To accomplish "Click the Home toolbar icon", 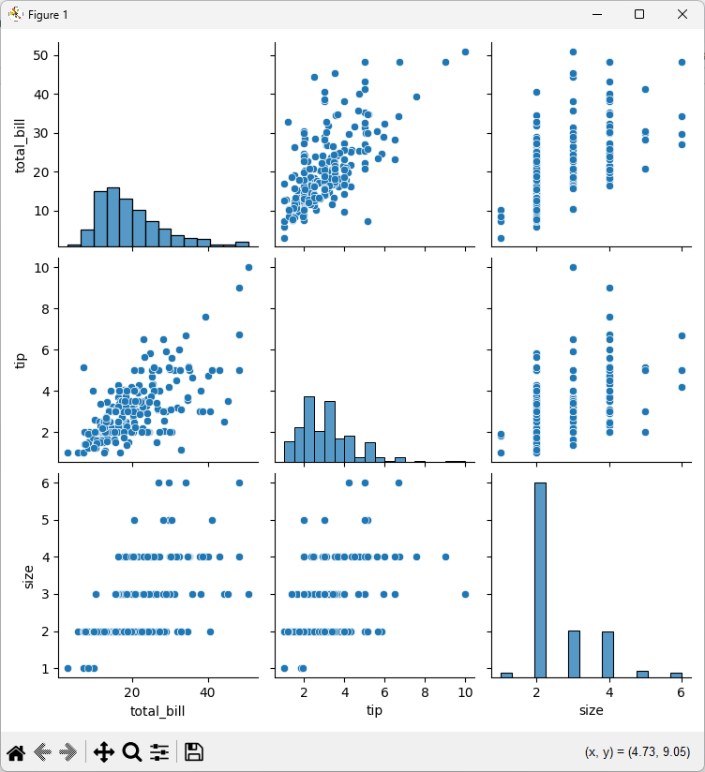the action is point(16,752).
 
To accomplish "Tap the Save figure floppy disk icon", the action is point(194,752).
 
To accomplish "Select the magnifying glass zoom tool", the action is point(132,752).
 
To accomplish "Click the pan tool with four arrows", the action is point(103,752).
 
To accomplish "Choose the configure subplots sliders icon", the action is point(159,752).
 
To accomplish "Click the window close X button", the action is point(682,14).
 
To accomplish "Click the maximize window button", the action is point(639,14).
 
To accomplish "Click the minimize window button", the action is point(597,15).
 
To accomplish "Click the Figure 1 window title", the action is point(48,15).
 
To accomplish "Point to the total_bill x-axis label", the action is point(157,711).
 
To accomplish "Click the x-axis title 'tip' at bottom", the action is point(374,710).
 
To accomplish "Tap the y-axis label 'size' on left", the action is point(28,576).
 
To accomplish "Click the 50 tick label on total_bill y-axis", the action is point(40,55).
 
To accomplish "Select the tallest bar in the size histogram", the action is point(540,580).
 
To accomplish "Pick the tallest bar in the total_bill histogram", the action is point(113,216).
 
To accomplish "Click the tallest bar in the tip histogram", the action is point(309,429).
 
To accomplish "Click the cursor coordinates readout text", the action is point(637,752).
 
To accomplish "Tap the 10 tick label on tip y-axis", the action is point(42,268).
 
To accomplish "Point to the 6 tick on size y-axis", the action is point(45,483).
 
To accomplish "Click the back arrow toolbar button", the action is point(43,752).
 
